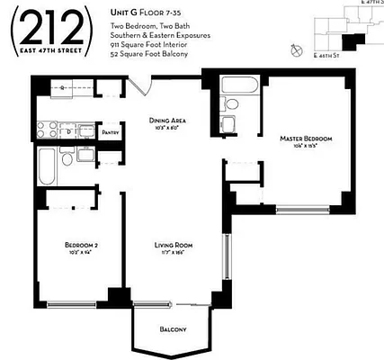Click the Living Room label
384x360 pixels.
pyautogui.click(x=170, y=245)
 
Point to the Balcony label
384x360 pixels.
pyautogui.click(x=173, y=329)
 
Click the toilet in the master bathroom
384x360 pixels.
pyautogui.click(x=229, y=125)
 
